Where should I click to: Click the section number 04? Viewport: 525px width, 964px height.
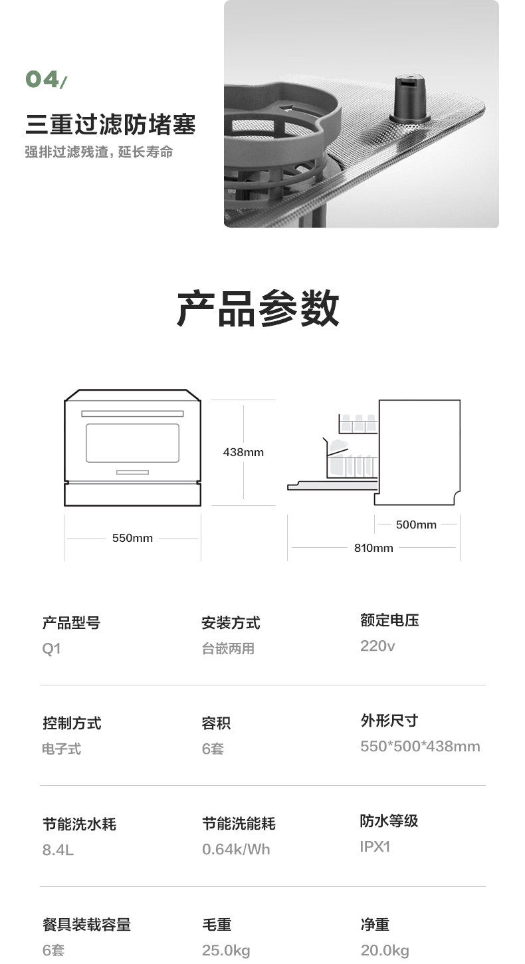(x=43, y=80)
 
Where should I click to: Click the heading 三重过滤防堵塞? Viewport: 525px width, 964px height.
(x=110, y=124)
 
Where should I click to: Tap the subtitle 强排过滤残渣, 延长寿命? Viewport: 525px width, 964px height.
(x=99, y=152)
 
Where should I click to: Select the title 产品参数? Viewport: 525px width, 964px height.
(x=258, y=308)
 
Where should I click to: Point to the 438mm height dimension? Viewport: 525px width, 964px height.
(x=243, y=452)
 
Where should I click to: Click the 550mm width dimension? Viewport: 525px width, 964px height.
(x=132, y=538)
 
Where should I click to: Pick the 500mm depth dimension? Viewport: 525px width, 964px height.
(x=416, y=525)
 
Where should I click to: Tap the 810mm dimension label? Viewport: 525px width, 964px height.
(x=373, y=548)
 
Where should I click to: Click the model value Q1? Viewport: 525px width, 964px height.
(x=51, y=648)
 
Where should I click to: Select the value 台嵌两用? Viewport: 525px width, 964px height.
(x=228, y=649)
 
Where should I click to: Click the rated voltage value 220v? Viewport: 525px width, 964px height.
(x=377, y=646)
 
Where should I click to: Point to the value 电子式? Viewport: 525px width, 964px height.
(x=61, y=749)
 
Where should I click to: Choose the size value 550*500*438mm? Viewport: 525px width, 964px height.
(x=420, y=746)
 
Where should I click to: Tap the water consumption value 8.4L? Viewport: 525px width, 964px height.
(x=58, y=850)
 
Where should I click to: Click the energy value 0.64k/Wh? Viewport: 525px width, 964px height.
(x=236, y=849)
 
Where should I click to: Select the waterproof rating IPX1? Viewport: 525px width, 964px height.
(x=375, y=846)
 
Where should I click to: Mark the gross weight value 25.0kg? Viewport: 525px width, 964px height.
(x=226, y=951)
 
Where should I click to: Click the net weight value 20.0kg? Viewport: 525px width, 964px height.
(x=385, y=951)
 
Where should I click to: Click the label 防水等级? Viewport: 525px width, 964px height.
(x=389, y=821)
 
